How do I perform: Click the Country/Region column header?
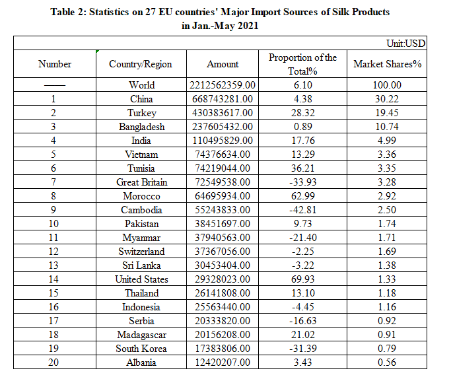point(141,64)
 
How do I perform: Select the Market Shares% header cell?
point(388,64)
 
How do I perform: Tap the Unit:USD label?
point(405,44)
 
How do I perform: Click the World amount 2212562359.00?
point(223,85)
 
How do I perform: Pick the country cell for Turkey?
point(141,113)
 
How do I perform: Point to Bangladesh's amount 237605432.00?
point(223,127)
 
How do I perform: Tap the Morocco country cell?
point(141,196)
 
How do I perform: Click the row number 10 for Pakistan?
point(55,224)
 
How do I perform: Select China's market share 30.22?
point(388,99)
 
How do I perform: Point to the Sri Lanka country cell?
point(141,265)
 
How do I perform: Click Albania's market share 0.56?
point(388,363)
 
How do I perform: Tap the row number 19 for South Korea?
point(55,349)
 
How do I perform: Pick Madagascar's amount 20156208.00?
point(223,335)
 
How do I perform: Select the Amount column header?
point(223,64)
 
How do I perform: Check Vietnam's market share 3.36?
point(388,155)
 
